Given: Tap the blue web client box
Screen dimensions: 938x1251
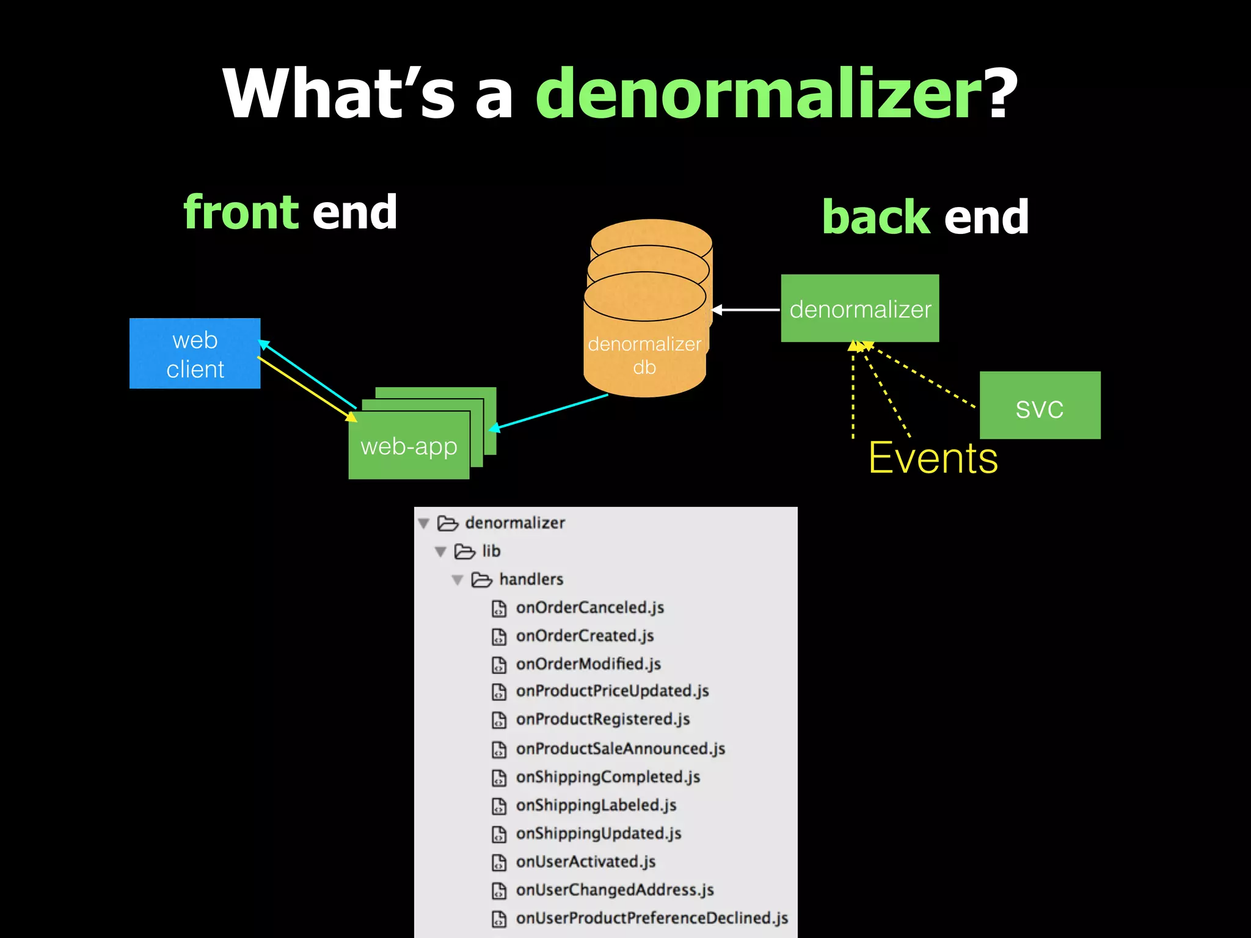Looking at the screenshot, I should tap(195, 354).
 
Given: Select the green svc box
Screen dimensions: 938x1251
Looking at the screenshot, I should tap(1040, 405).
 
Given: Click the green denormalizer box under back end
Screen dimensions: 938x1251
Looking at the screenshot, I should tap(859, 308).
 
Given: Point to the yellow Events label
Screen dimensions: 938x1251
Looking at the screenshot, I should tap(933, 458).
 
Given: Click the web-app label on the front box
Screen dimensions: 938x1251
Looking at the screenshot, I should tap(409, 446).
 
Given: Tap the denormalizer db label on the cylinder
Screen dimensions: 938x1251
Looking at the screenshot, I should tap(644, 355).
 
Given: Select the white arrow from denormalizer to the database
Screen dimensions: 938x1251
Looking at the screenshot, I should tap(746, 310).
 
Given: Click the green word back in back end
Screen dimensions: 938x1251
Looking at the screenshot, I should tap(876, 217).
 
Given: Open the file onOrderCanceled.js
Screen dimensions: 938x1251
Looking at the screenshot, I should tap(589, 608).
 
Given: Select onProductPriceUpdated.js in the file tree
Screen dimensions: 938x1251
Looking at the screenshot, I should tap(612, 691).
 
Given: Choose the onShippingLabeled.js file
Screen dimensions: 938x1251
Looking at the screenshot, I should tap(596, 805).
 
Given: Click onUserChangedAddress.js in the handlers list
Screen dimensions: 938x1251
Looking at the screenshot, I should tap(615, 890).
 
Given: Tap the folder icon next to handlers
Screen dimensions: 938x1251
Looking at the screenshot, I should tap(481, 580).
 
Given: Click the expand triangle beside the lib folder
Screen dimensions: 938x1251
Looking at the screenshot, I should tap(440, 551).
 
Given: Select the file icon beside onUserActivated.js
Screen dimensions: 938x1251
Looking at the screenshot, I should tap(499, 862).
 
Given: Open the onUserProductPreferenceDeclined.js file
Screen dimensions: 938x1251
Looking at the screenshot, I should tap(652, 918).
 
